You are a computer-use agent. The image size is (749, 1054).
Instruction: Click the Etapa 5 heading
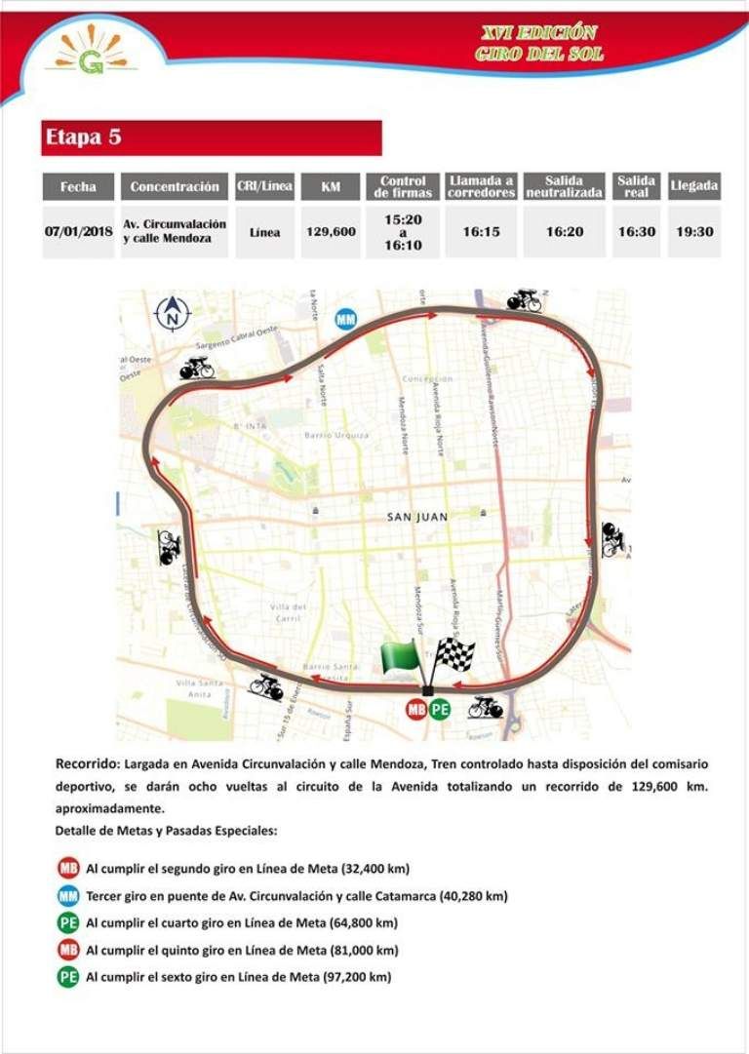(x=83, y=137)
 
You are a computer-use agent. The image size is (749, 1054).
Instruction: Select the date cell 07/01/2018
(x=78, y=232)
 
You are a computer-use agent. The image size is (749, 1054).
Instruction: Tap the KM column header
(x=331, y=186)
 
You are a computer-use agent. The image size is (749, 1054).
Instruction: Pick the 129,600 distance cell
(x=331, y=232)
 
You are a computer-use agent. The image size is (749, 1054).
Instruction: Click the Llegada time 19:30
(x=694, y=232)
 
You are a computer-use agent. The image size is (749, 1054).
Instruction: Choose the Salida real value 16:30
(x=636, y=232)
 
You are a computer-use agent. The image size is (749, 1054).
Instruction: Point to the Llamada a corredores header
(x=481, y=186)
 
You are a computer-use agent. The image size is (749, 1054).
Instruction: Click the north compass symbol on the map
(x=174, y=312)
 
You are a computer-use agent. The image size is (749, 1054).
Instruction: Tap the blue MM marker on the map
(x=345, y=319)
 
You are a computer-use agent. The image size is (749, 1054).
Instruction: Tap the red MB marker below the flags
(x=416, y=709)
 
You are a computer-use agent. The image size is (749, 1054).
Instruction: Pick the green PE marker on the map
(x=440, y=709)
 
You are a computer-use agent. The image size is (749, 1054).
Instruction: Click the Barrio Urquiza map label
(x=335, y=435)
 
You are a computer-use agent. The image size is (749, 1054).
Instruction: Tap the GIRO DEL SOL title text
(x=539, y=54)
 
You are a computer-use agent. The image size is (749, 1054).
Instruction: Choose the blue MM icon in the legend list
(x=68, y=895)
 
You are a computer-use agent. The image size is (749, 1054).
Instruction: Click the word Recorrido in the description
(x=87, y=763)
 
